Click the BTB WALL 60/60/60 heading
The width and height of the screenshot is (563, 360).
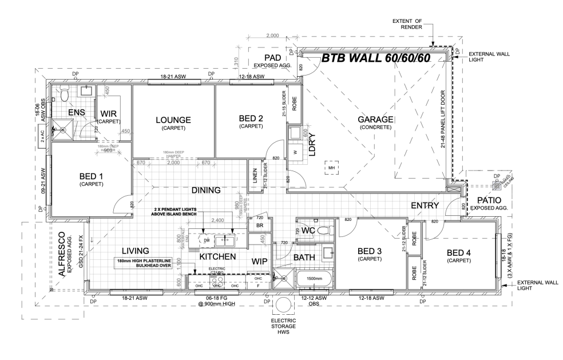[x=375, y=58]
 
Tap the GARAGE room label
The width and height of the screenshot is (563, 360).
[x=375, y=119]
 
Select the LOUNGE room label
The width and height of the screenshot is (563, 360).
[x=173, y=120]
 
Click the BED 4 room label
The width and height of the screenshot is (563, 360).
[x=459, y=252]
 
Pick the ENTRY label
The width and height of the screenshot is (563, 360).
[x=424, y=206]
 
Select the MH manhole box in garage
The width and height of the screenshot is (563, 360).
[x=331, y=167]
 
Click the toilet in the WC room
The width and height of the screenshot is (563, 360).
[x=324, y=231]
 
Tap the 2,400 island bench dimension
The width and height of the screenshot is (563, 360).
[x=217, y=220]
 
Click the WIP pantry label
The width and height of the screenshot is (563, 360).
[x=260, y=260]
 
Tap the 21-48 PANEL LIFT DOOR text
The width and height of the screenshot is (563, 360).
[x=443, y=119]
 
